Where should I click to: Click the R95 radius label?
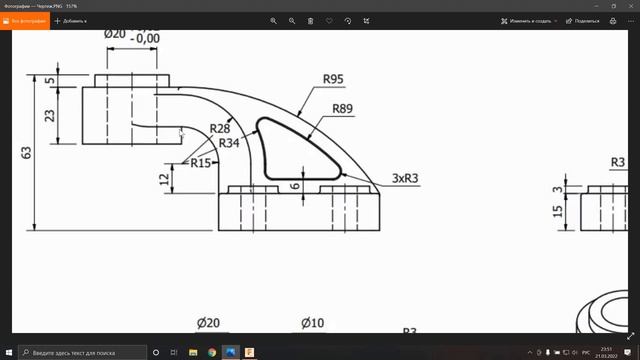coord(333,79)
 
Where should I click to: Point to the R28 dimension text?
coord(221,129)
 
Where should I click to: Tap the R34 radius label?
coord(229,143)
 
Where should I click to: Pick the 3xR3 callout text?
coord(404,178)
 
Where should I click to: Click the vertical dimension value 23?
coord(50,115)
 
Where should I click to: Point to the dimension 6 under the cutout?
coord(294,185)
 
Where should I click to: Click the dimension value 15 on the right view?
coord(558,211)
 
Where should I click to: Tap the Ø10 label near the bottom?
coord(313,323)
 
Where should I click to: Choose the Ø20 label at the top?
coord(116,33)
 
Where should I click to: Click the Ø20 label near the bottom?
coord(208,323)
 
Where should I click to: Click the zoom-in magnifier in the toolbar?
coord(274,20)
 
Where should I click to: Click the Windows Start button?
coord(9,352)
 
